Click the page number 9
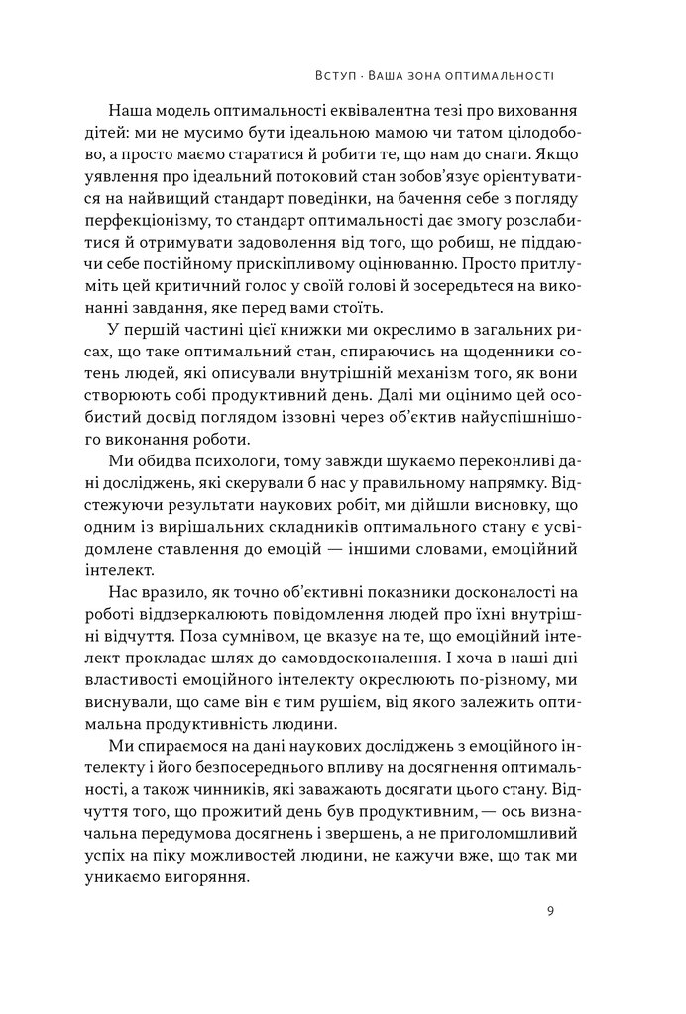pos(549,911)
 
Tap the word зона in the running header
pos(430,75)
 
